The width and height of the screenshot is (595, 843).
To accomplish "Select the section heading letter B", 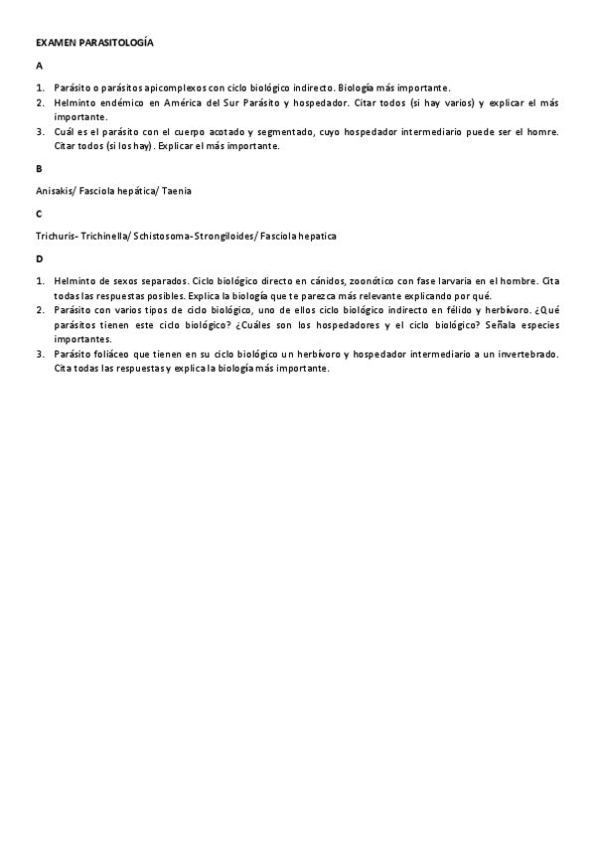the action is click(x=39, y=168).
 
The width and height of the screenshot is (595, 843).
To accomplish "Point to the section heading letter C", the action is click(x=39, y=213).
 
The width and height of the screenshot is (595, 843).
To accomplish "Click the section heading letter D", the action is click(x=39, y=258).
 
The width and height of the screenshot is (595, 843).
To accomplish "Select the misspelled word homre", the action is click(x=542, y=132).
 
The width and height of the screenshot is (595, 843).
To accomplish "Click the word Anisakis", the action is click(x=54, y=190).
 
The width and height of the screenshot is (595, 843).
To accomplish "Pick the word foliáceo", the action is click(x=111, y=354).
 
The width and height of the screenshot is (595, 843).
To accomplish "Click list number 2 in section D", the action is click(x=41, y=310).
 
